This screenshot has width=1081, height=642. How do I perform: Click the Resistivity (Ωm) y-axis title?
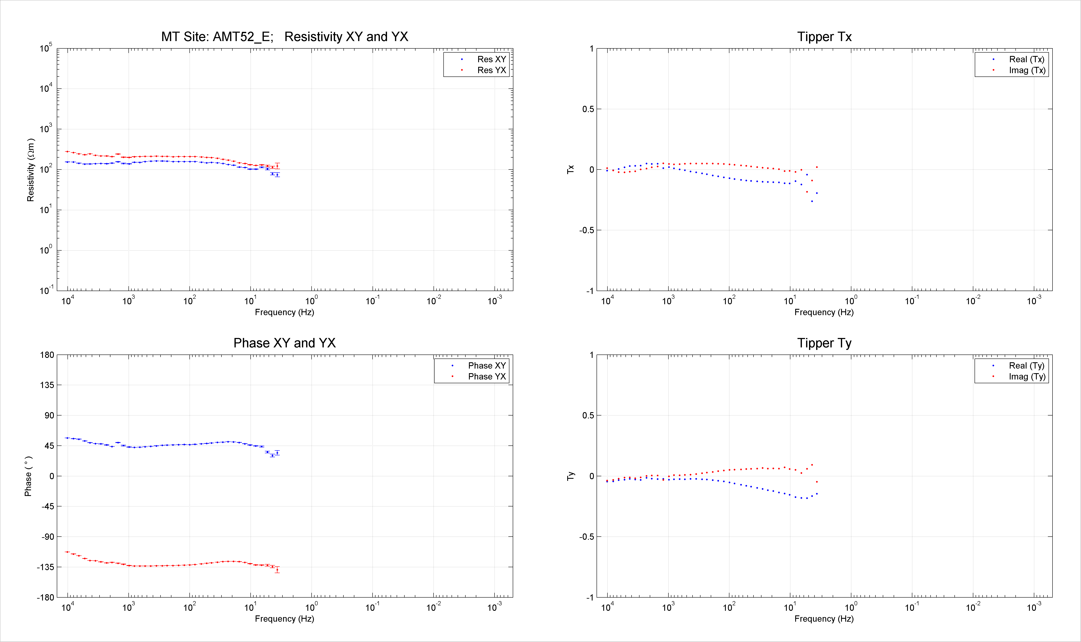(x=30, y=170)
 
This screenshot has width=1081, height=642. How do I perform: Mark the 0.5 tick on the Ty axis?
(x=588, y=415)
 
